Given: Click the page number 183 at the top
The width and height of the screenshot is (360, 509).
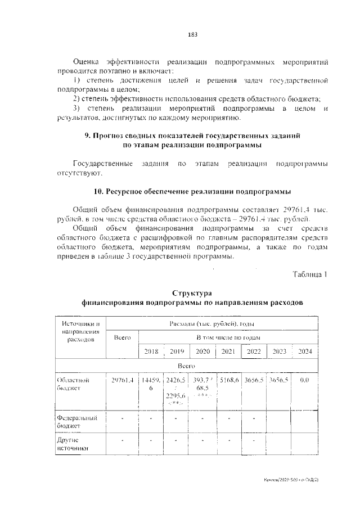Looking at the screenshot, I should (192, 34).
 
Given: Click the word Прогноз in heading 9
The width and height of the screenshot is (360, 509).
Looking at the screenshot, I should (110, 136).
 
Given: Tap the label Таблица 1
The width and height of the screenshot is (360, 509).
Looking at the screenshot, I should (310, 274).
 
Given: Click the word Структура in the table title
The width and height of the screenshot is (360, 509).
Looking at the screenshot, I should (192, 294).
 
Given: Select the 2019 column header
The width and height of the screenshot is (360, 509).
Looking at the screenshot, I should (177, 351).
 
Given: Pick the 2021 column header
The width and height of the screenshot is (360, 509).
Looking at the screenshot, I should (228, 351).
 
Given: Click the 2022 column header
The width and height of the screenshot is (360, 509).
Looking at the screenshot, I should (253, 351).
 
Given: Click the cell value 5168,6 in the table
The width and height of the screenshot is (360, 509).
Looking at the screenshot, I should (229, 380).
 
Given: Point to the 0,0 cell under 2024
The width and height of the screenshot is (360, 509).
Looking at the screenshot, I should (305, 380).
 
